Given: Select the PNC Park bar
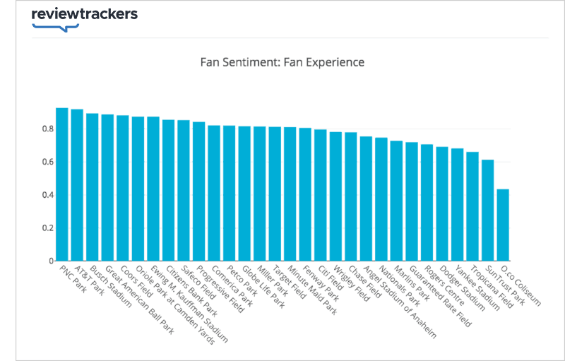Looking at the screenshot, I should tap(61, 184).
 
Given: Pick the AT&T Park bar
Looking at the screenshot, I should tap(77, 184).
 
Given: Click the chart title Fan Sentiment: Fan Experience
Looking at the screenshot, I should tap(282, 62).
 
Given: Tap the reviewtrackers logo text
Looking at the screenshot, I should tap(85, 14).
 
